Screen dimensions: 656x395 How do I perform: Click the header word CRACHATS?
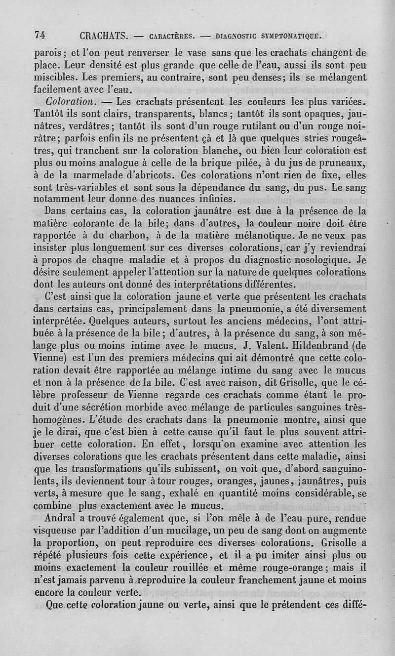[x=104, y=36]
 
